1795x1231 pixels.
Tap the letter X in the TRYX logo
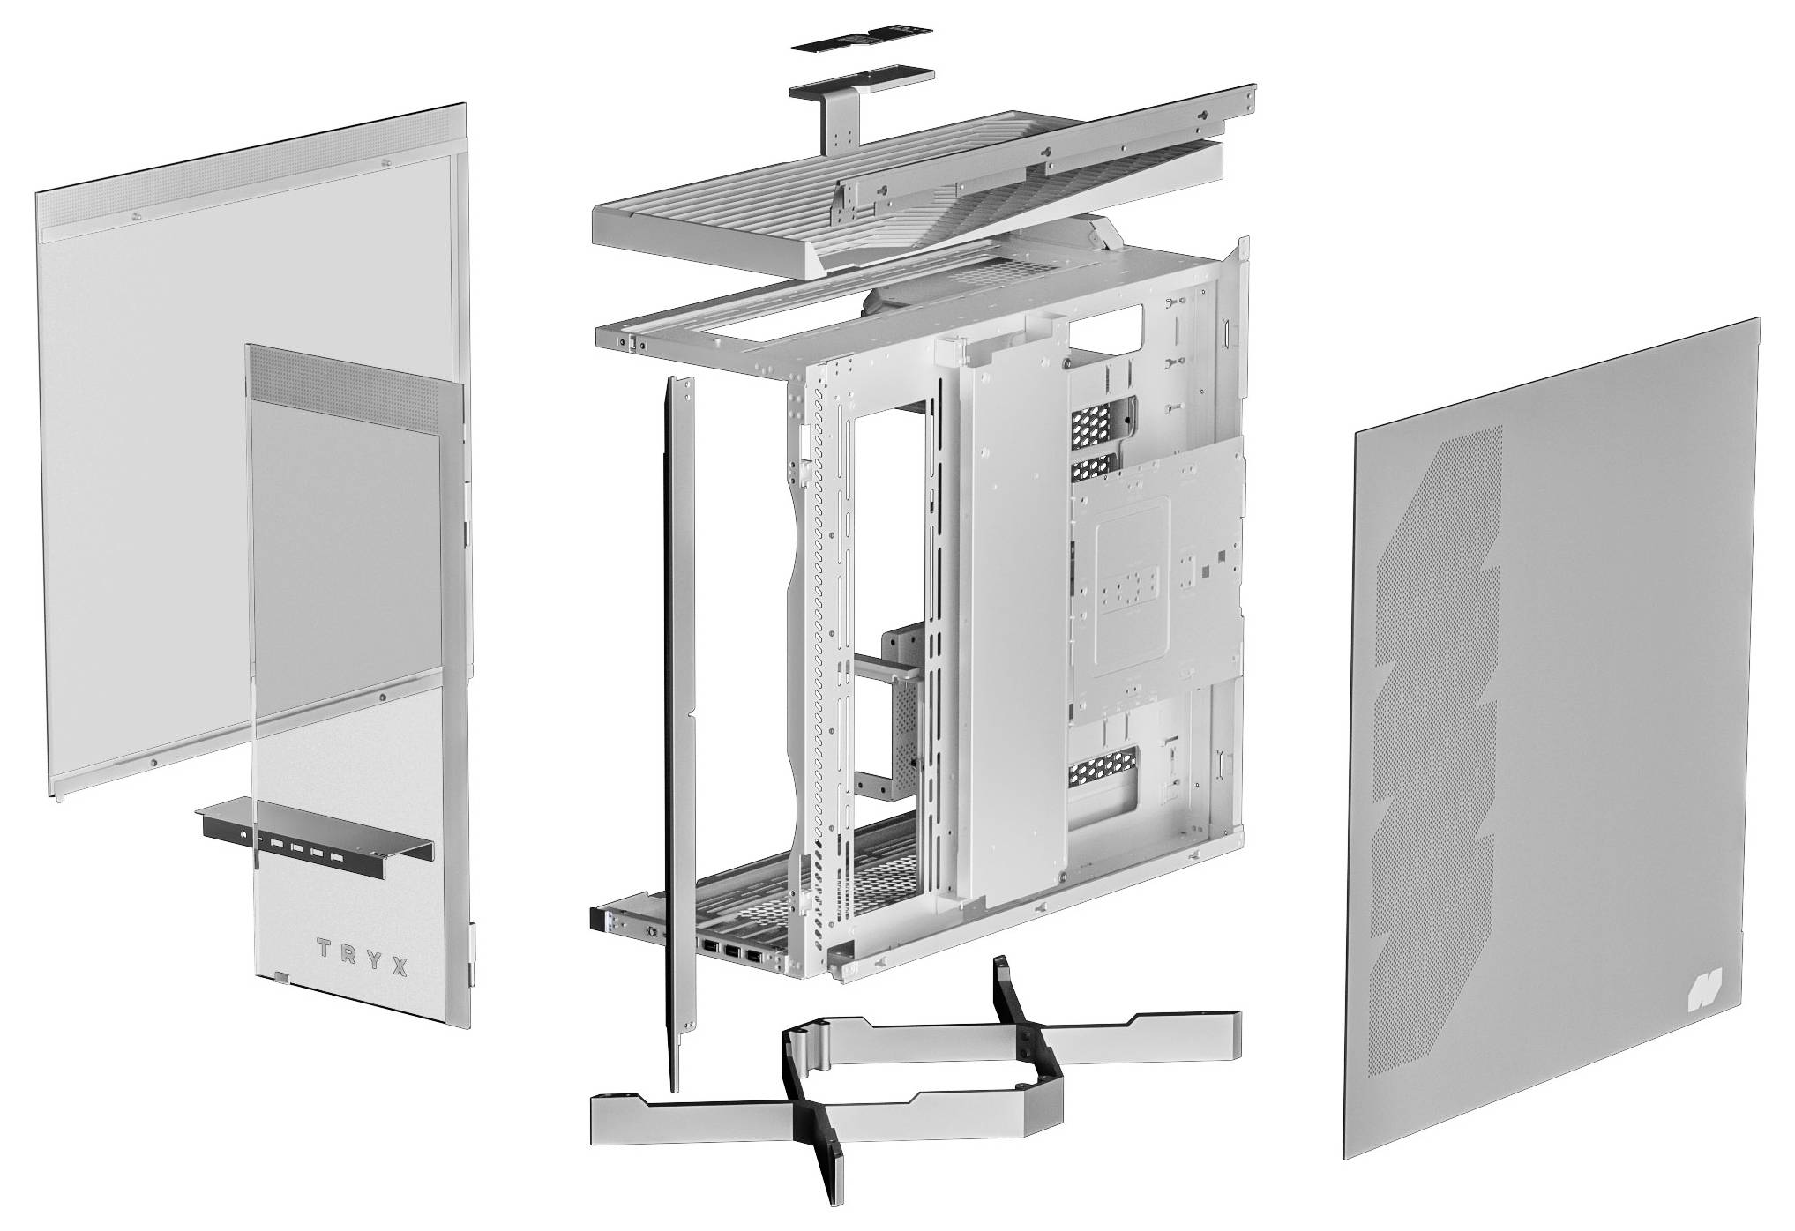(400, 967)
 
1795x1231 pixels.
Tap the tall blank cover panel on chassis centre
(1014, 617)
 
